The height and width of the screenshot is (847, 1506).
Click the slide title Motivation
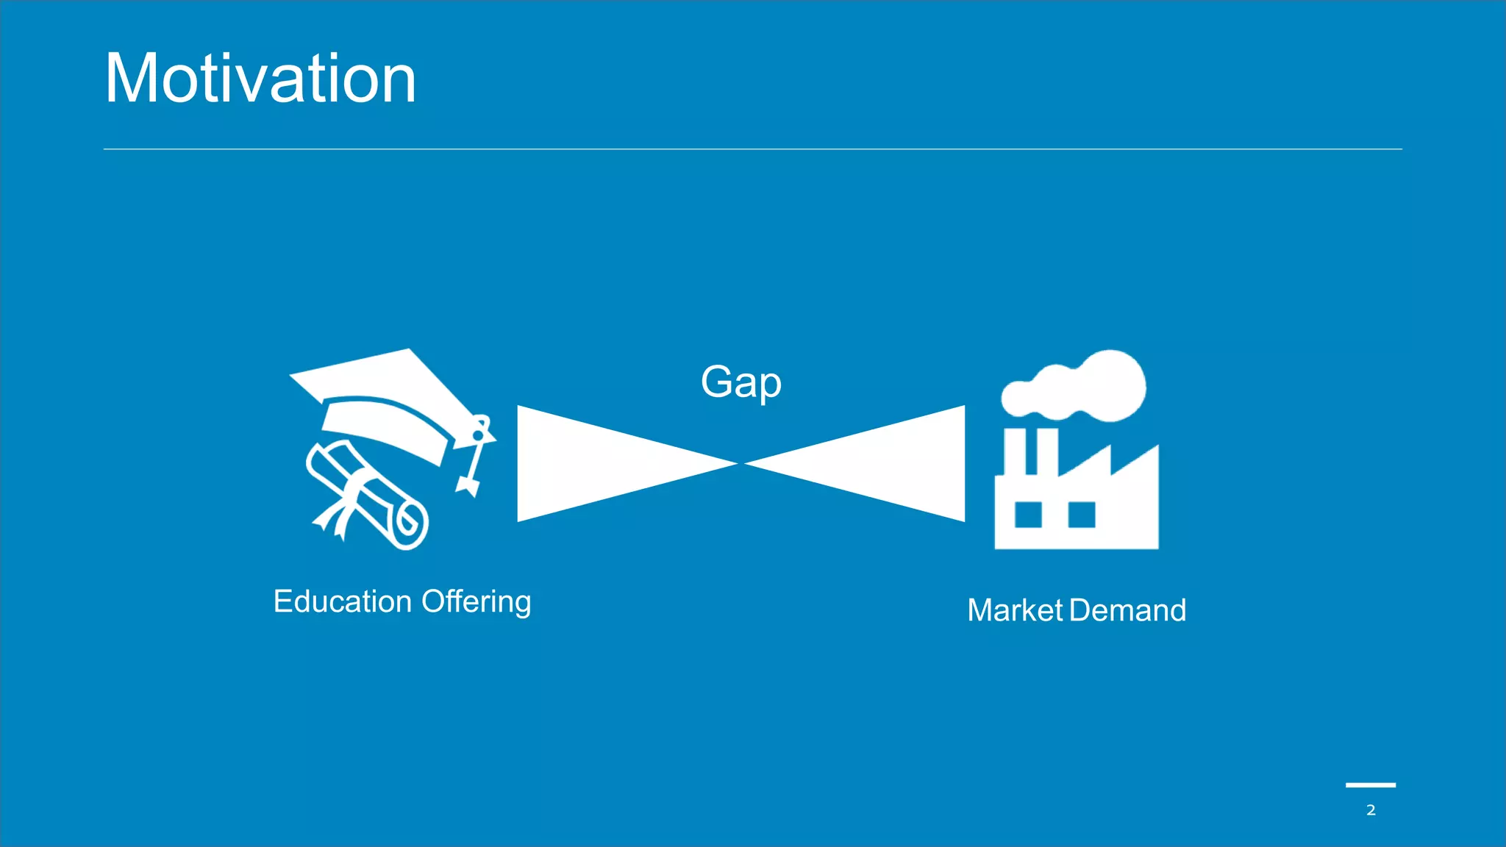pos(260,79)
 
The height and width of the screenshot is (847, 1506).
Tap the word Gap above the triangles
pos(740,382)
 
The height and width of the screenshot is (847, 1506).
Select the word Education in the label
pos(343,601)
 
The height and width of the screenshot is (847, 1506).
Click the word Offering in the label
pos(477,601)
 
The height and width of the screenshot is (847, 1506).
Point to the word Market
pos(1015,610)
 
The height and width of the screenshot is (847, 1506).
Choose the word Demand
pos(1128,610)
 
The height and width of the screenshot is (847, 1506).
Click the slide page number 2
pos(1371,810)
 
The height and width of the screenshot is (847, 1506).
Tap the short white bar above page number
pos(1371,785)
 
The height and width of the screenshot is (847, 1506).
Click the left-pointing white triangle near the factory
pos(897,463)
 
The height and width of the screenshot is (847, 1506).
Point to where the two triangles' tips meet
pos(741,464)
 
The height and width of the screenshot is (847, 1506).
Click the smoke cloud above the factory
pos(1081,386)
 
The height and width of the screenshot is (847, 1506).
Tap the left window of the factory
pos(1028,515)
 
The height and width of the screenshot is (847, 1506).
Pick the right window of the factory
pos(1081,515)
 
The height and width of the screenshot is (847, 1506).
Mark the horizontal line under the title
pos(753,149)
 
